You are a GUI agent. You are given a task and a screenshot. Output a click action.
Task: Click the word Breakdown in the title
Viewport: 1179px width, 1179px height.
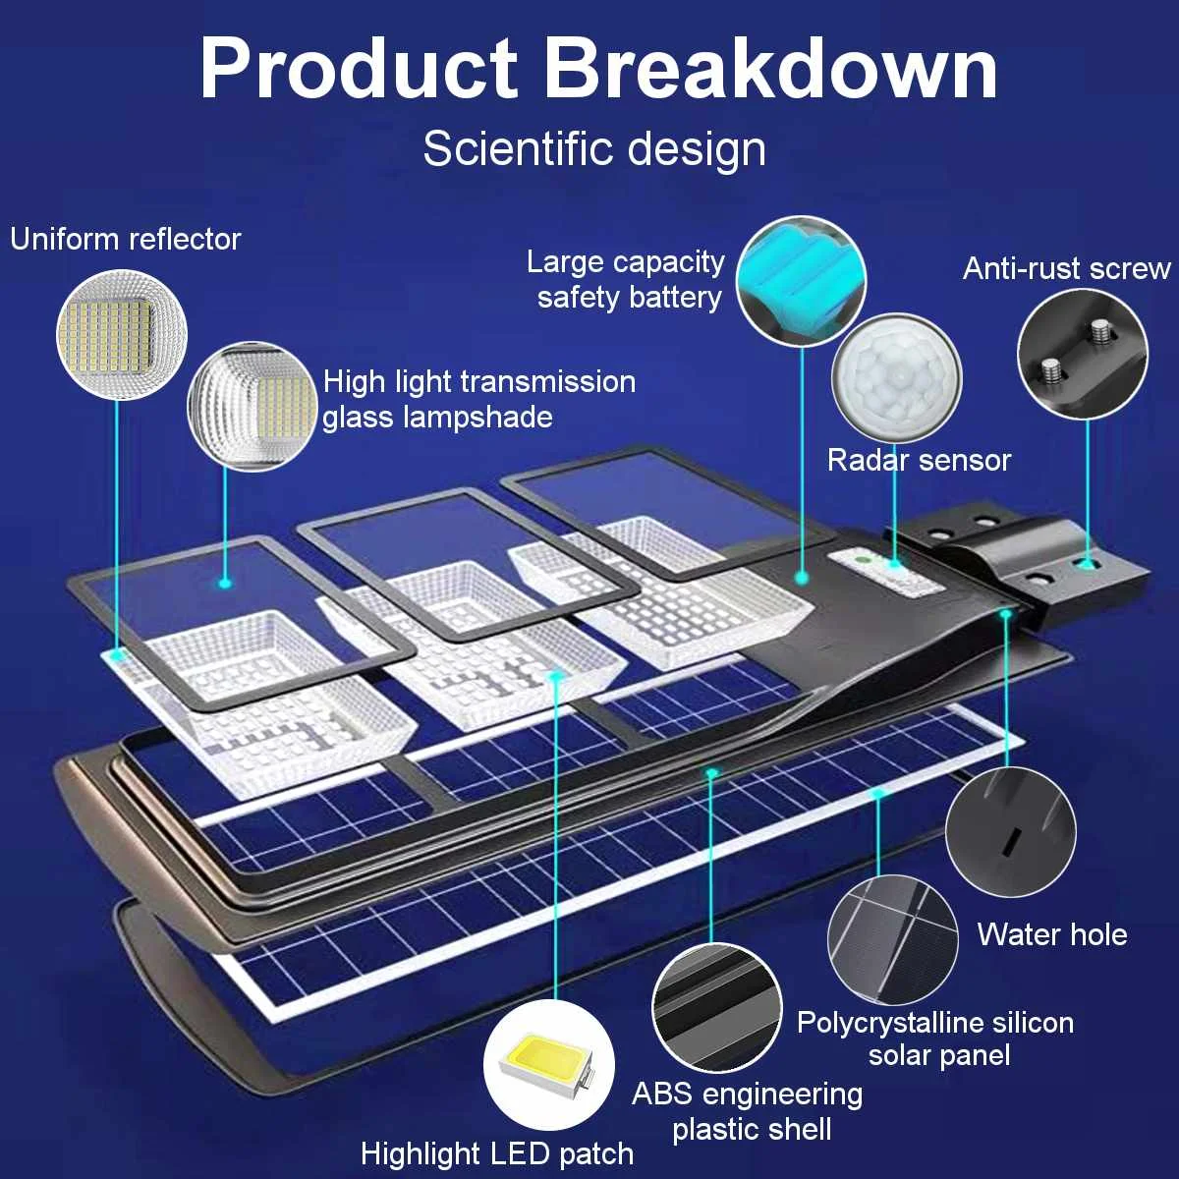771,69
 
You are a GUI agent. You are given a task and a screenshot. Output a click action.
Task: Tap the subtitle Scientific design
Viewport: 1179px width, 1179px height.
594,149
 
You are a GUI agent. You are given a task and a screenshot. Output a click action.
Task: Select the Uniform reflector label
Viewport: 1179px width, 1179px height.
125,239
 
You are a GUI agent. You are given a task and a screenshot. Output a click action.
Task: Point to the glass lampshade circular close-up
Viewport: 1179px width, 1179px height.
253,406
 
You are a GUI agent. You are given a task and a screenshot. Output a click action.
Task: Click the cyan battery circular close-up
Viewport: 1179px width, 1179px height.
801,282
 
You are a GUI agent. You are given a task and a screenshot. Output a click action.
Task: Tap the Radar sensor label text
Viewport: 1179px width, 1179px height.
919,460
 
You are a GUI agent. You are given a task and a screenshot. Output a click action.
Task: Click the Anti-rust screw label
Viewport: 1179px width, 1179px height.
1066,268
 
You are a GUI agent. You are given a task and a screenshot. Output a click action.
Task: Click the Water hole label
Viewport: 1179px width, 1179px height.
1051,933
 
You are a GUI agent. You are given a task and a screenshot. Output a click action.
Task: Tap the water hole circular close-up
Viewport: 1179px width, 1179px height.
1010,831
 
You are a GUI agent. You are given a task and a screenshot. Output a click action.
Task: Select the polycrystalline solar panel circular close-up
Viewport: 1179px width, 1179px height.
892,939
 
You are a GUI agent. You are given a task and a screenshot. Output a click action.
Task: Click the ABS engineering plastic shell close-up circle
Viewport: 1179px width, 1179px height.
717,1008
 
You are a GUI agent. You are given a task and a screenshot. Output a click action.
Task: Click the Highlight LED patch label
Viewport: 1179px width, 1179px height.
497,1153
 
